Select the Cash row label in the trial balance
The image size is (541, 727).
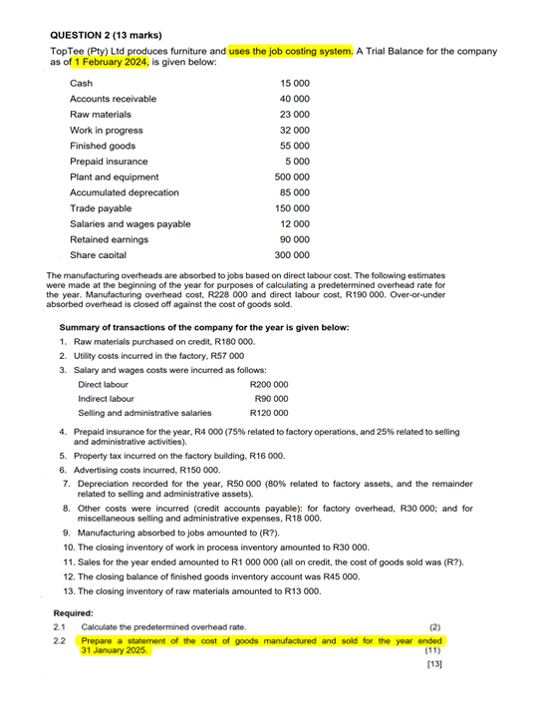(82, 84)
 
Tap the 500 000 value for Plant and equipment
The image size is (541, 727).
(292, 177)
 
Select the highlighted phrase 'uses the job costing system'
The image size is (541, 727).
(290, 51)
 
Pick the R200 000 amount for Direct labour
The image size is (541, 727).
(269, 384)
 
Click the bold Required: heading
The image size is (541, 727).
(73, 613)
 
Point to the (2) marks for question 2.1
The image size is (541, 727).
(434, 626)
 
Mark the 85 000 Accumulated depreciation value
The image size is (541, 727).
(295, 192)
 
